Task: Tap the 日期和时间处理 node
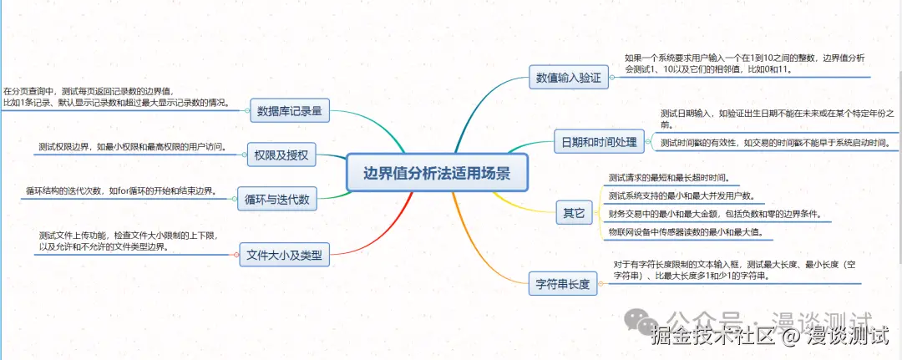point(599,142)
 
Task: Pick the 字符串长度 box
point(562,284)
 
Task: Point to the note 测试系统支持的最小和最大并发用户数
point(682,195)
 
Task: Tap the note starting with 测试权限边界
point(133,147)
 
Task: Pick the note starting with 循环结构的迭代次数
point(121,190)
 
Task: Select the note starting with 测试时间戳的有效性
point(774,143)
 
